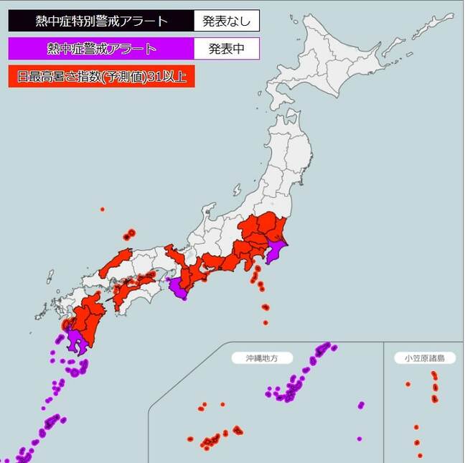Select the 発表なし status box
click(226, 21)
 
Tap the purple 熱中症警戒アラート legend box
click(100, 49)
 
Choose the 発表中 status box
click(226, 49)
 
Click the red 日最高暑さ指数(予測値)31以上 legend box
click(100, 77)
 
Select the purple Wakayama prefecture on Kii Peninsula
click(179, 289)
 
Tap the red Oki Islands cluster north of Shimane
click(129, 234)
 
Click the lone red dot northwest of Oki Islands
click(103, 209)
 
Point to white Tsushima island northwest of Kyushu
click(50, 276)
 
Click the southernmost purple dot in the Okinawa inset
click(359, 439)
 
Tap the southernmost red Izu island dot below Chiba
click(266, 322)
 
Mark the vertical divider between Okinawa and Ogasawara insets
click(384, 402)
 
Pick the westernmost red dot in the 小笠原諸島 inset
click(408, 384)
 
